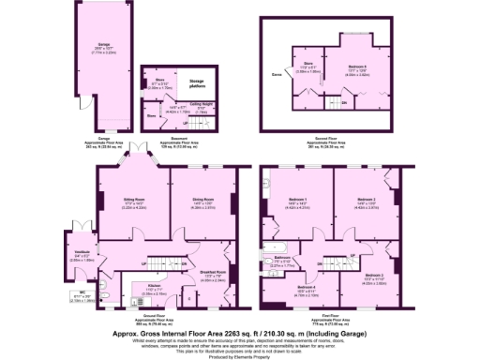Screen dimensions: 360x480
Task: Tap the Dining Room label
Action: point(190,199)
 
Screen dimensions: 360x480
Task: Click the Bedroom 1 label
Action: point(297,199)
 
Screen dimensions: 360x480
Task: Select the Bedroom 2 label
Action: point(366,199)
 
